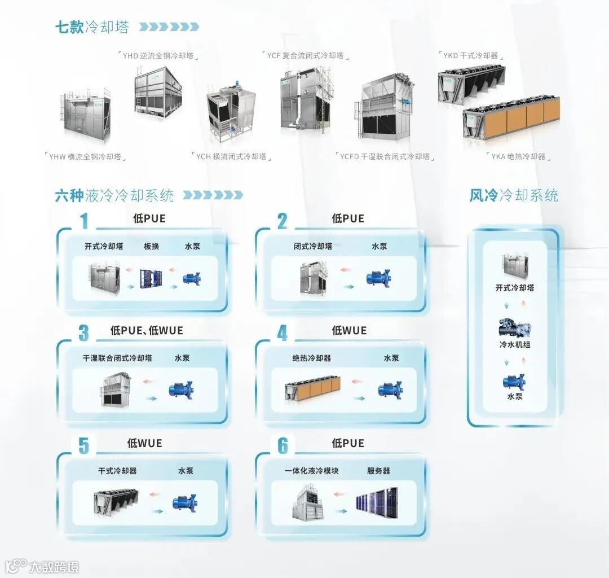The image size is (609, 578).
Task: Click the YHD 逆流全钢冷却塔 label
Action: [x=161, y=55]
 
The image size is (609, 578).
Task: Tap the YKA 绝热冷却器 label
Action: [x=518, y=156]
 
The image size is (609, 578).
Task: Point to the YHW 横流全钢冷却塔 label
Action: [x=85, y=156]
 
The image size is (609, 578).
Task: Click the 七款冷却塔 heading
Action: [x=92, y=27]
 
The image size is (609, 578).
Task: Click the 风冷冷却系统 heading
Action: [x=514, y=195]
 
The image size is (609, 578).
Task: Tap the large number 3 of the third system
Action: [x=83, y=333]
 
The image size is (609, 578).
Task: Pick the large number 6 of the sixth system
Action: [x=283, y=446]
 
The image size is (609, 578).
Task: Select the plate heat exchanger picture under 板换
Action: [x=151, y=278]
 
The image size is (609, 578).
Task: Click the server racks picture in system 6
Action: [x=376, y=502]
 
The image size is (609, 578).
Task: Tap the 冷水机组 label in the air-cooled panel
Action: [x=514, y=344]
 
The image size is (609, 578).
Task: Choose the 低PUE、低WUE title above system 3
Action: [x=147, y=331]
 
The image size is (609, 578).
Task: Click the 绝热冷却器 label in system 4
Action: [x=311, y=358]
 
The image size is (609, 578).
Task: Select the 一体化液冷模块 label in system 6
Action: [x=311, y=471]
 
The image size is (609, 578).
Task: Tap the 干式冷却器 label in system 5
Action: [x=117, y=471]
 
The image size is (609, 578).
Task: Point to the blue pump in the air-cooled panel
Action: [x=514, y=382]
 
